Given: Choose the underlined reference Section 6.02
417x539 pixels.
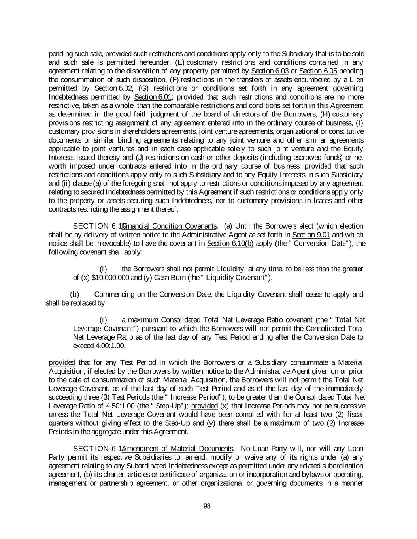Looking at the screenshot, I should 113,88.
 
